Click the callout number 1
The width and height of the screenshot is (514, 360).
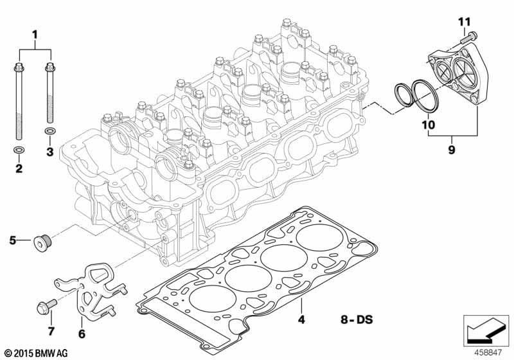coord(35,35)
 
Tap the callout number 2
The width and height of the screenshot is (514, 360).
coord(19,168)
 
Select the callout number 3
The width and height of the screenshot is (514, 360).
coord(50,152)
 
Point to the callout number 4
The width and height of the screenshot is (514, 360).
coord(301,319)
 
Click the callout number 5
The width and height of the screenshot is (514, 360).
coord(12,240)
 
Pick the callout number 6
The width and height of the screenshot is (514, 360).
coord(82,334)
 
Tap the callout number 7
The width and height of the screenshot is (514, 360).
coord(51,332)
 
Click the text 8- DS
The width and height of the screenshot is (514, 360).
coord(357,319)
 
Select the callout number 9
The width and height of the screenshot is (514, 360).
coord(452,150)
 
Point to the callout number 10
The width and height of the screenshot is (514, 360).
coord(429,125)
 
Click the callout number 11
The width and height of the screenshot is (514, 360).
coord(464,22)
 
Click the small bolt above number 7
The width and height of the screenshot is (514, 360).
coord(46,306)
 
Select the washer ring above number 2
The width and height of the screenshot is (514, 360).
coord(19,150)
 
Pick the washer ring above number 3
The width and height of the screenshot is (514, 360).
coord(49,131)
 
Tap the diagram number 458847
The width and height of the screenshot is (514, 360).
coord(488,352)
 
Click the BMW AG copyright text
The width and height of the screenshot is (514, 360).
coord(37,353)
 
